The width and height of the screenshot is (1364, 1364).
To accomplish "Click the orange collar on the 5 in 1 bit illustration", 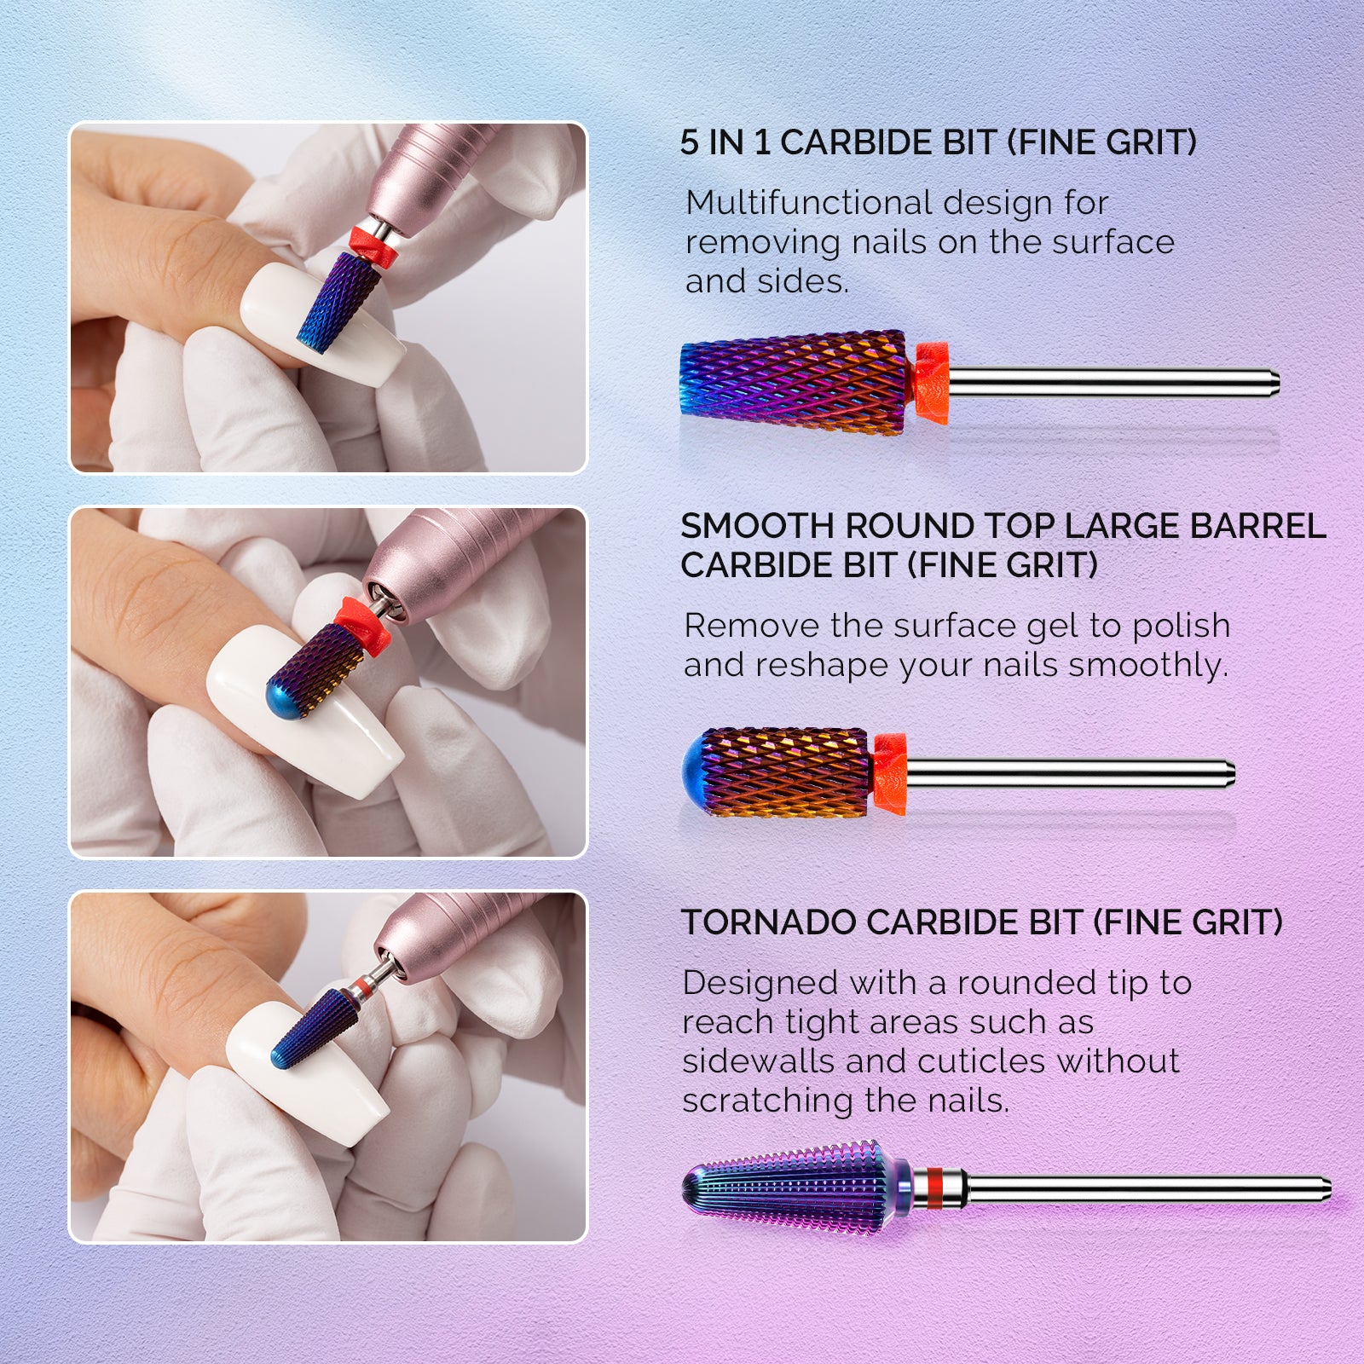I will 932,383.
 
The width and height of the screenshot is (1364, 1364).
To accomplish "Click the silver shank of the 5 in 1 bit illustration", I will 1108,382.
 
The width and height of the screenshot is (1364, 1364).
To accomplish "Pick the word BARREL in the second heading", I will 1257,527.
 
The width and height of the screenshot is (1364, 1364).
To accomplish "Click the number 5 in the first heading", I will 689,143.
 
